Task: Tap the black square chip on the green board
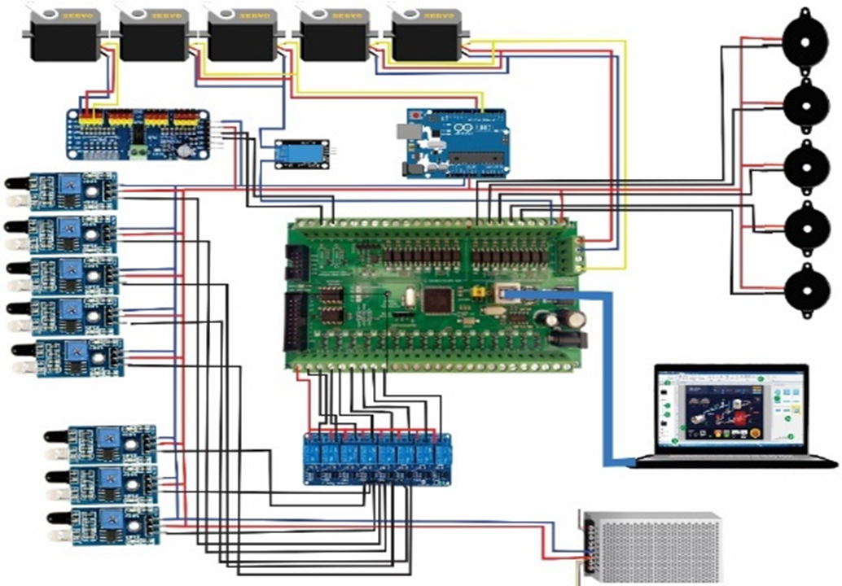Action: point(437,299)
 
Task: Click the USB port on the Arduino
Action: point(406,132)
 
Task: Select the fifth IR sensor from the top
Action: point(73,358)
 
